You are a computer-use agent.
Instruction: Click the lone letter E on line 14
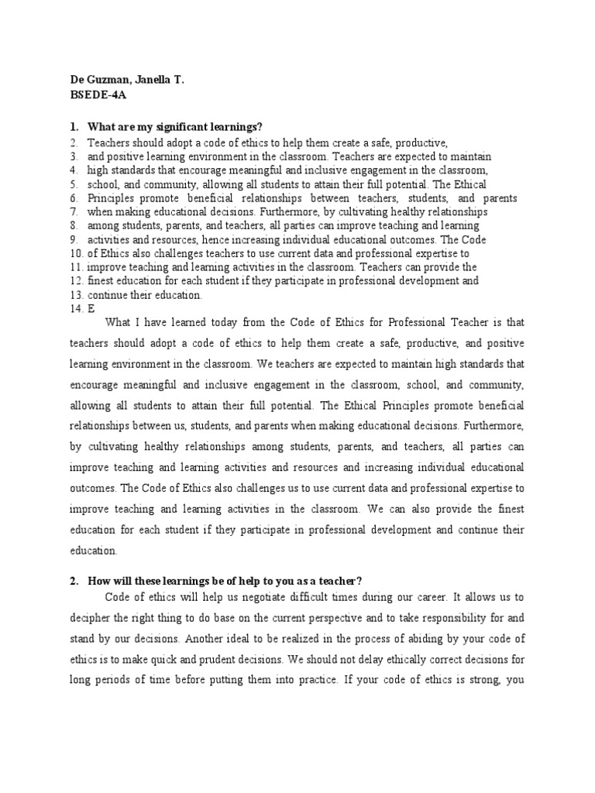(91, 309)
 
